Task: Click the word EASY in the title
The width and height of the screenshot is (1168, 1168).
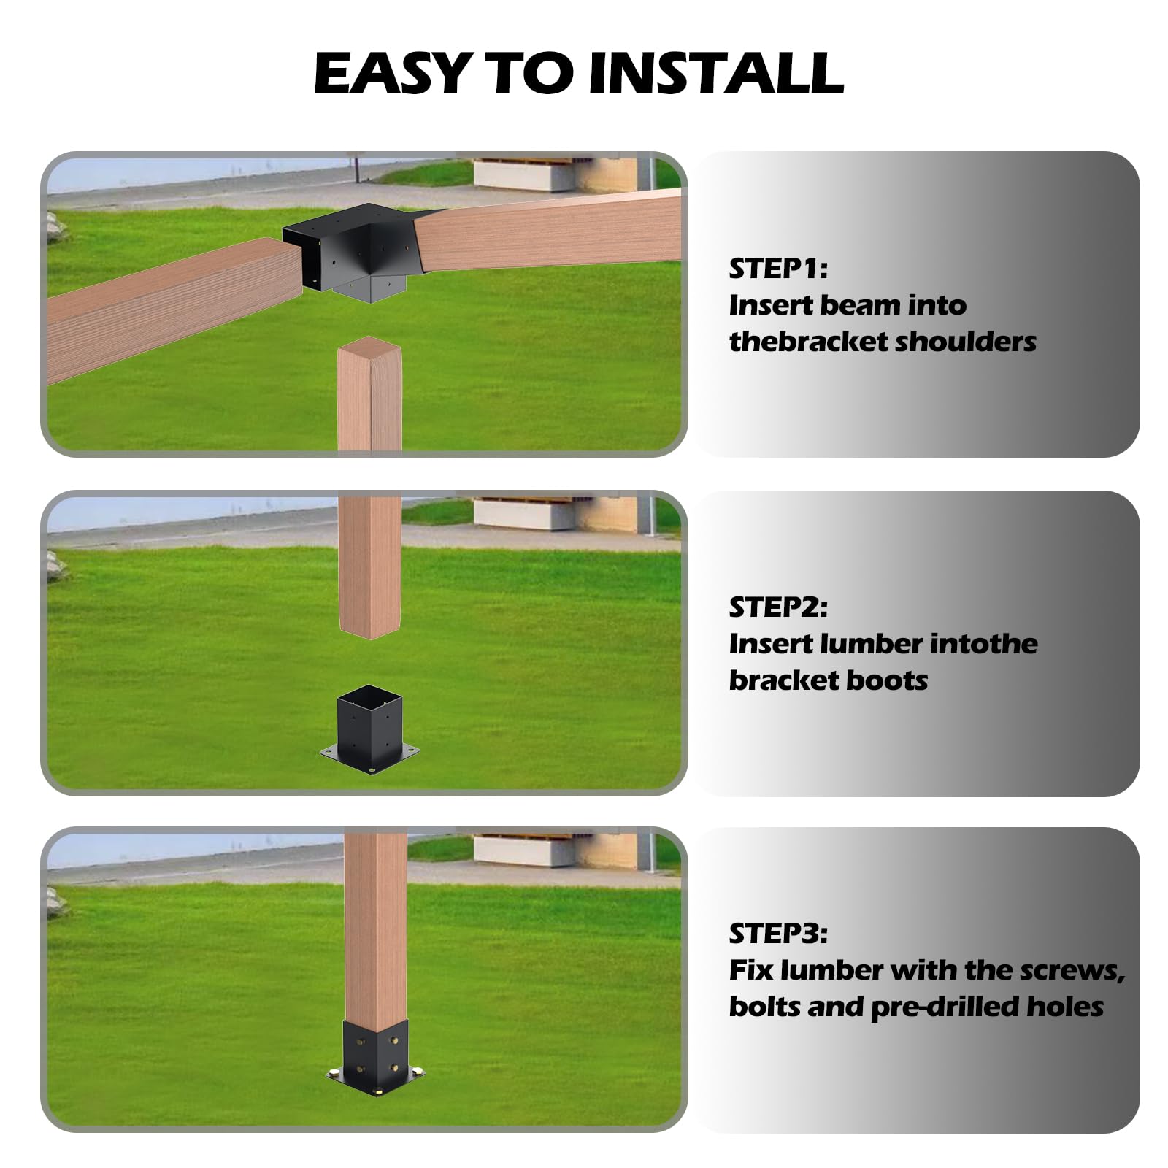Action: pos(391,73)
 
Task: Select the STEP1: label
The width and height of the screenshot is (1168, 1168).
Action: pos(778,269)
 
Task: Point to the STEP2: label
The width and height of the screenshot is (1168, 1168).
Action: pos(778,607)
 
